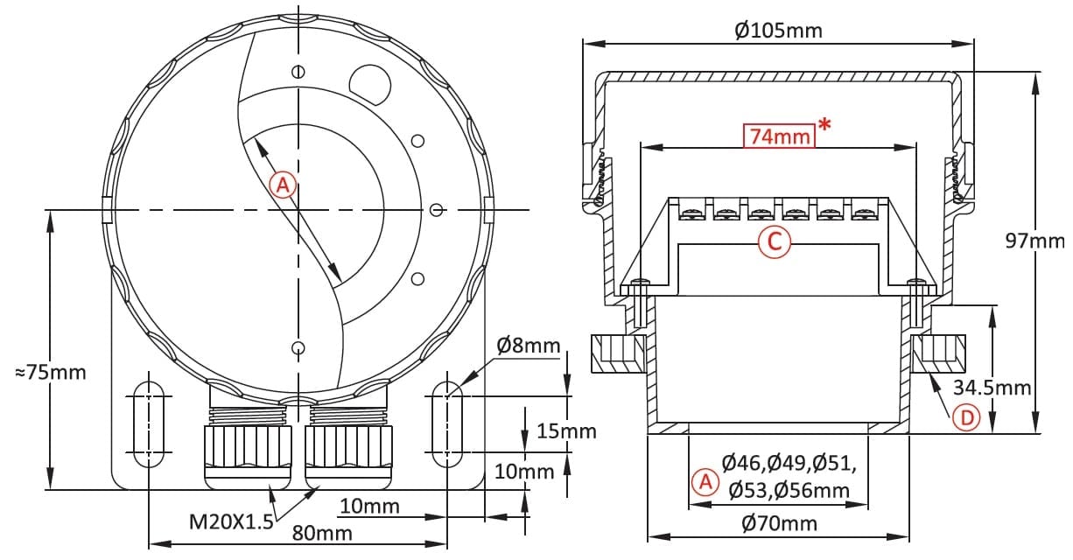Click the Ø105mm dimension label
(x=778, y=30)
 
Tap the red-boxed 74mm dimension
(x=779, y=136)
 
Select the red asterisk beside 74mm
(x=824, y=125)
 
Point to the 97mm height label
(x=1034, y=241)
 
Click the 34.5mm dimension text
(x=992, y=388)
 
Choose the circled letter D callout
(x=966, y=418)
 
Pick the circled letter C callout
(x=775, y=241)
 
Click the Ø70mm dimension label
(x=779, y=523)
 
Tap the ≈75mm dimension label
(x=51, y=372)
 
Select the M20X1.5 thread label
(x=231, y=521)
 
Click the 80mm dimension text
(x=322, y=533)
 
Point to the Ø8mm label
(x=529, y=346)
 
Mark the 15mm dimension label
(x=566, y=431)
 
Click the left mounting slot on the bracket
(x=149, y=424)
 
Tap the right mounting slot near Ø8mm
(x=447, y=424)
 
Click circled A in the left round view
(x=283, y=185)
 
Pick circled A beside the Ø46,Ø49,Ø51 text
(x=705, y=482)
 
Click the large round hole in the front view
(x=370, y=85)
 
